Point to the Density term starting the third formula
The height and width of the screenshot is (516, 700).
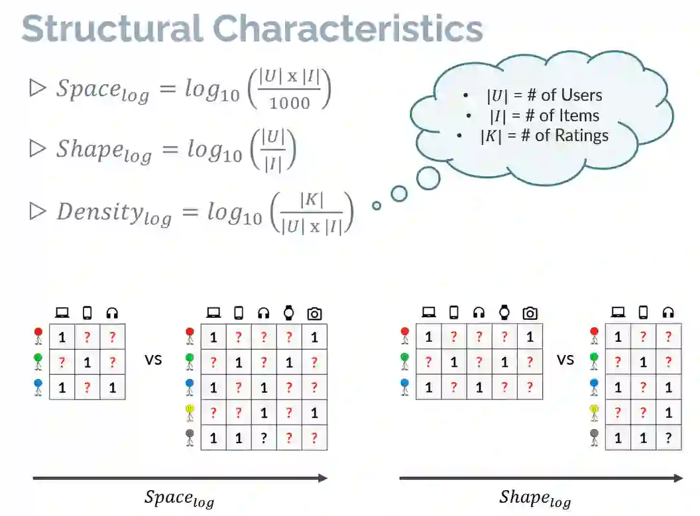(x=114, y=213)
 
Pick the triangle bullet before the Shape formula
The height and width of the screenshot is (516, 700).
(x=37, y=149)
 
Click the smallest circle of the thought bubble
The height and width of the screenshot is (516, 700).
(x=377, y=206)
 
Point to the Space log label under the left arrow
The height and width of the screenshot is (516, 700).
(x=179, y=498)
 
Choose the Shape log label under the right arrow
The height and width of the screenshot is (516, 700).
(x=534, y=498)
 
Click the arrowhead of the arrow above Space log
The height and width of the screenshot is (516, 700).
(x=322, y=478)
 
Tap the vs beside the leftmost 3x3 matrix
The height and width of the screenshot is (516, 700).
(x=154, y=360)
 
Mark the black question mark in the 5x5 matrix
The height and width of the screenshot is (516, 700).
(x=264, y=438)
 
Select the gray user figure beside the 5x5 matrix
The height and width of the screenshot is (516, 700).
(x=190, y=438)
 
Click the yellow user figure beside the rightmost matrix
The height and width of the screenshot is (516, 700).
(x=594, y=413)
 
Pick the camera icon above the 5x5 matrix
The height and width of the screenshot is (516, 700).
(x=314, y=313)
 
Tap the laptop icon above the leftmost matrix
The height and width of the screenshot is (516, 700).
(x=62, y=313)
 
